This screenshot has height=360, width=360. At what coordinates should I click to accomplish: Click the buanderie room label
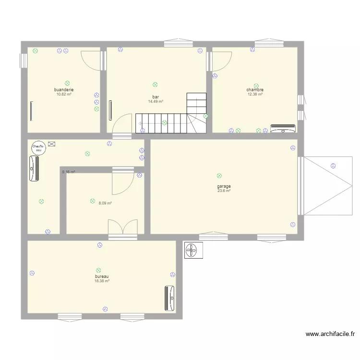pos(63,90)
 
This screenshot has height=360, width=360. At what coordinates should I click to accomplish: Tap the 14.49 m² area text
pos(156,101)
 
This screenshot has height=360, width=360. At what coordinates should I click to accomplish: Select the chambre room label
pos(255,90)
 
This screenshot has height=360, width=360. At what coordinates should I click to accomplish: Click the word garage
pos(224,186)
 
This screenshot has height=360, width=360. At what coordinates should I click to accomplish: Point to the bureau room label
pos(102,276)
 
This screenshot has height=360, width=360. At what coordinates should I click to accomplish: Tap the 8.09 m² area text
pos(105,203)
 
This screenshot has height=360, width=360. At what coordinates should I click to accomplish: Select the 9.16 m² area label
pos(68,171)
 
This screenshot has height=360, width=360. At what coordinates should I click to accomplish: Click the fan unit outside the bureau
pos(193,250)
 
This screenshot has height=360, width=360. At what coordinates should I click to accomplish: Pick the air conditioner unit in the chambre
pos(283,128)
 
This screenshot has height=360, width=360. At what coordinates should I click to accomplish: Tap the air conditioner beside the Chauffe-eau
pos(34,168)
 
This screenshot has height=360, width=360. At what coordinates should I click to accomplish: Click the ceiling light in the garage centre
pos(219,176)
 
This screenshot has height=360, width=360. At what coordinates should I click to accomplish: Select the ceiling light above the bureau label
pos(98,270)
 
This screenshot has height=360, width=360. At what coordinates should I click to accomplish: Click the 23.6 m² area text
pos(224,191)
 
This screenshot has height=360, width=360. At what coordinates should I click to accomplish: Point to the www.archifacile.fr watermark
pos(331,334)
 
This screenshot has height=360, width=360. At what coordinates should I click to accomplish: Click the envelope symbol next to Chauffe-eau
pos(51,144)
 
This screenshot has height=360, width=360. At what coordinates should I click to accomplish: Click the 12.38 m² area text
pos(255,94)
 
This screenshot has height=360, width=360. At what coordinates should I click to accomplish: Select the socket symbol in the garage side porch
pos(333,166)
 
